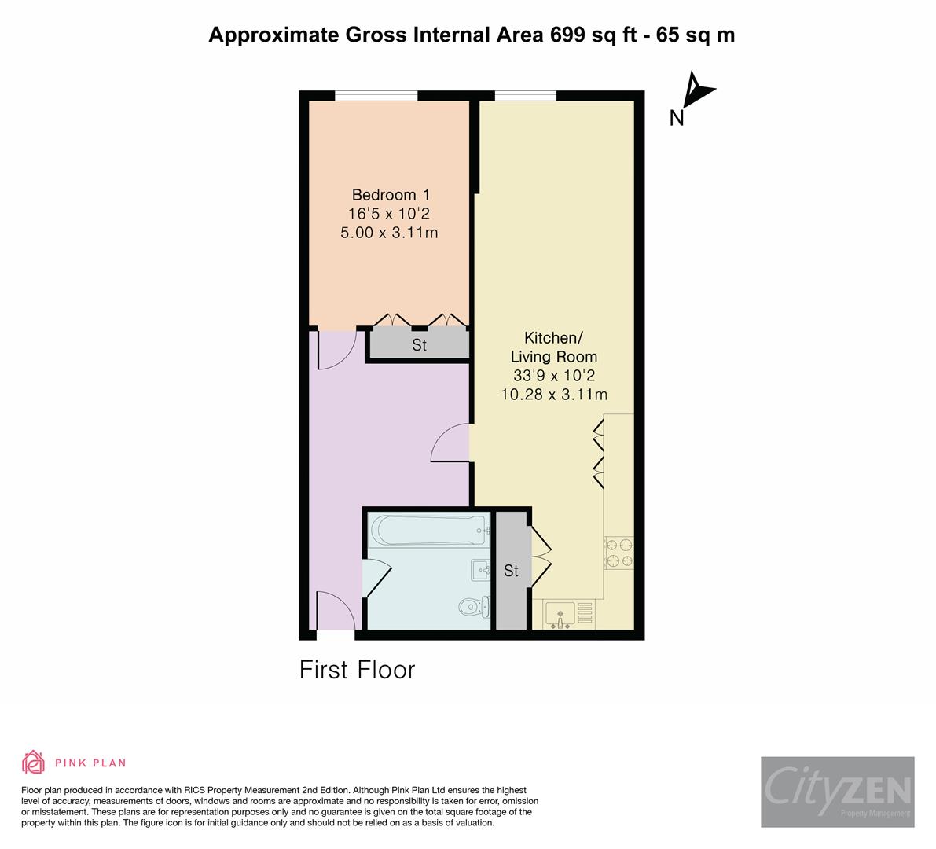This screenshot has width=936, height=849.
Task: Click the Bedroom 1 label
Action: pyautogui.click(x=391, y=195)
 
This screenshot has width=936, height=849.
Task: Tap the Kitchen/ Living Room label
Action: pyautogui.click(x=553, y=347)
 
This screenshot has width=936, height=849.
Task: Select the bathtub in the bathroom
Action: pyautogui.click(x=429, y=530)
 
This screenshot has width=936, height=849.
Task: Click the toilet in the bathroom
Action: pyautogui.click(x=475, y=607)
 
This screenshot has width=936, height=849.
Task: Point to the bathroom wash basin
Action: pyautogui.click(x=480, y=570)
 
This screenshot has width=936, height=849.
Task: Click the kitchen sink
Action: pyautogui.click(x=560, y=616)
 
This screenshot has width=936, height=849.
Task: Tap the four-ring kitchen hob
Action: pyautogui.click(x=619, y=553)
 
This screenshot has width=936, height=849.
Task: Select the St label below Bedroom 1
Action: pyautogui.click(x=419, y=345)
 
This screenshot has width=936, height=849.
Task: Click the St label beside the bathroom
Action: pyautogui.click(x=511, y=571)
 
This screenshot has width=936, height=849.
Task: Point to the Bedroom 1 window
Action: pyautogui.click(x=376, y=96)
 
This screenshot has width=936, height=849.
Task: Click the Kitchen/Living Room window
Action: pyautogui.click(x=526, y=96)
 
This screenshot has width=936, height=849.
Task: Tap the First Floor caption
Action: pyautogui.click(x=357, y=670)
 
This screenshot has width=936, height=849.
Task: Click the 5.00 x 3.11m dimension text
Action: pyautogui.click(x=389, y=233)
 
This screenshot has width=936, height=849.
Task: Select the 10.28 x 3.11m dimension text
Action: pyautogui.click(x=554, y=395)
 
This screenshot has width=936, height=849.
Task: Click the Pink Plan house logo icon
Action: pyautogui.click(x=34, y=763)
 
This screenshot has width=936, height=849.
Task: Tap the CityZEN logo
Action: pyautogui.click(x=838, y=792)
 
